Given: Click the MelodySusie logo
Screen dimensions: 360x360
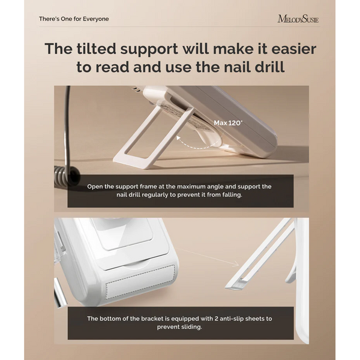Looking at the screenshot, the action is tap(298, 19).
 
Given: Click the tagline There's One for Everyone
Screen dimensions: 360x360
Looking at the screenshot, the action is tap(74, 19).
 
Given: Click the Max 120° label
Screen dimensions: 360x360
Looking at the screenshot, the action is tap(228, 123).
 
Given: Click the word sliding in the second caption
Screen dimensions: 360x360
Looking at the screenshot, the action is tap(190, 327).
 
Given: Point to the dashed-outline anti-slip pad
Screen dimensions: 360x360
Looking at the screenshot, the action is tap(140, 283).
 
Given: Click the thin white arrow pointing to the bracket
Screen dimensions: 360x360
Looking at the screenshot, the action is tap(209, 257).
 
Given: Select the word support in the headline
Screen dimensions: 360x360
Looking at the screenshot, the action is tap(149, 49).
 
